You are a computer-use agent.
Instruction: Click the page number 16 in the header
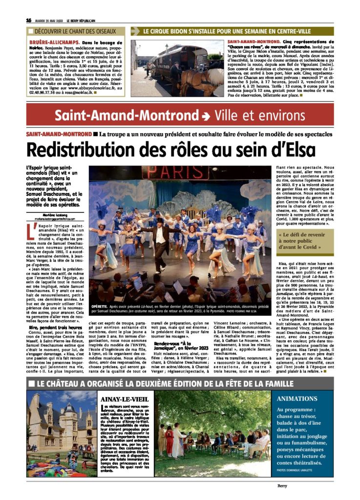(x=29, y=20)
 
